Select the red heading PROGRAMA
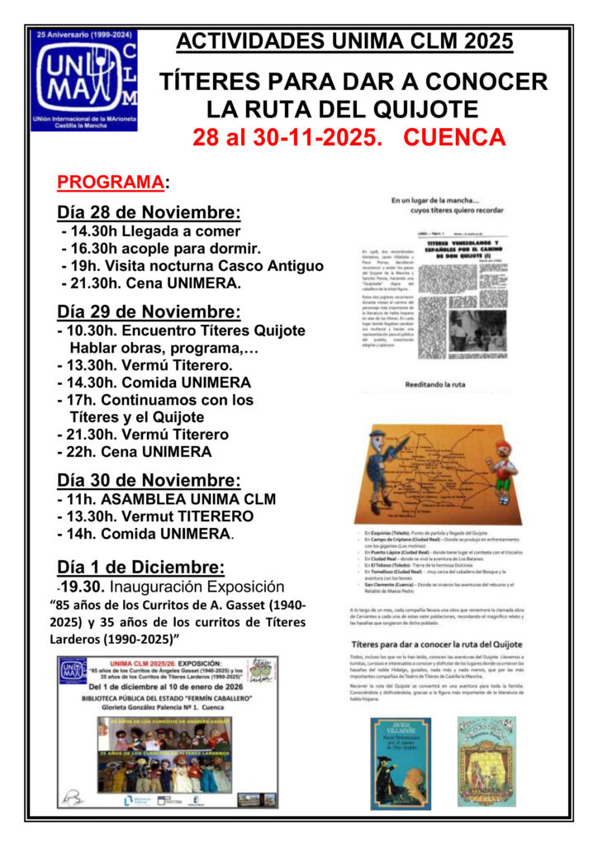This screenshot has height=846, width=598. click(x=110, y=182)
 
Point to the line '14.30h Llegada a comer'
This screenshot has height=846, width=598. click(x=151, y=231)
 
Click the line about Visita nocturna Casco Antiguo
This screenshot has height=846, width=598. click(x=192, y=266)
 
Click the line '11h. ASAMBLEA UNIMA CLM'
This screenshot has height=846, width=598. click(x=166, y=499)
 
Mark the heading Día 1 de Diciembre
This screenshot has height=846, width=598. click(x=140, y=567)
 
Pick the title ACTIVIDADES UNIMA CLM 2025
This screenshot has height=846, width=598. click(x=344, y=40)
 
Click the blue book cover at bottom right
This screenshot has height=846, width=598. click(x=401, y=762)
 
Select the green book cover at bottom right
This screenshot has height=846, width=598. click(x=486, y=762)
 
